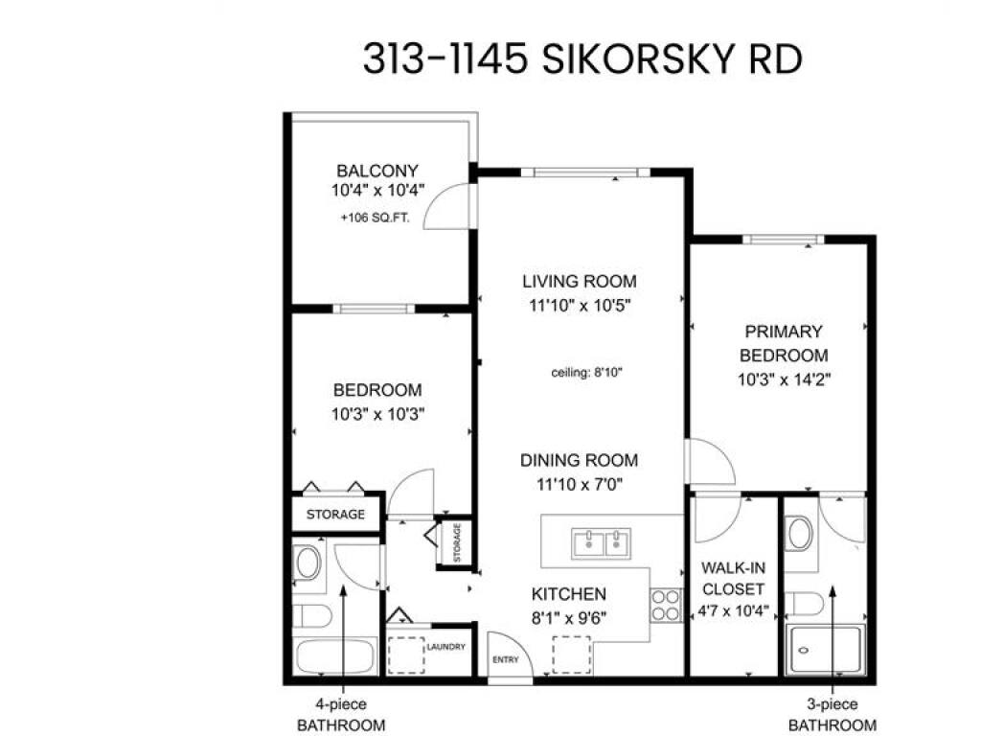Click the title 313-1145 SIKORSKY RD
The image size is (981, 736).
click(582, 59)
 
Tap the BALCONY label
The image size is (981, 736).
click(377, 171)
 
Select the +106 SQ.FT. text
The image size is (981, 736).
click(375, 218)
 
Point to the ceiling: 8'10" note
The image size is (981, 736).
click(586, 373)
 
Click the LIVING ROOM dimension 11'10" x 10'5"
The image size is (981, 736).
click(580, 306)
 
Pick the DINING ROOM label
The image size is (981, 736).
click(580, 461)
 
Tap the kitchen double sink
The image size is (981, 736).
click(602, 543)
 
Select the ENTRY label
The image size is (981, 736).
click(506, 659)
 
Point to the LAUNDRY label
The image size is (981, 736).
click(446, 647)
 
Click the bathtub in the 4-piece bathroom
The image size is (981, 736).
click(336, 655)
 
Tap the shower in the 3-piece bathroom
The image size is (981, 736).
click(825, 649)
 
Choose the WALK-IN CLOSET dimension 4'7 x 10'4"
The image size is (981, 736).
click(733, 610)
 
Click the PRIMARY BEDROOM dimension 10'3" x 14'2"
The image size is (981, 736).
click(784, 379)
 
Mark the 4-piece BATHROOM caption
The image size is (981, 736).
click(341, 715)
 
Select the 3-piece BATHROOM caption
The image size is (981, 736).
click(833, 715)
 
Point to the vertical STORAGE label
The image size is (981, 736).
click(457, 543)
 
